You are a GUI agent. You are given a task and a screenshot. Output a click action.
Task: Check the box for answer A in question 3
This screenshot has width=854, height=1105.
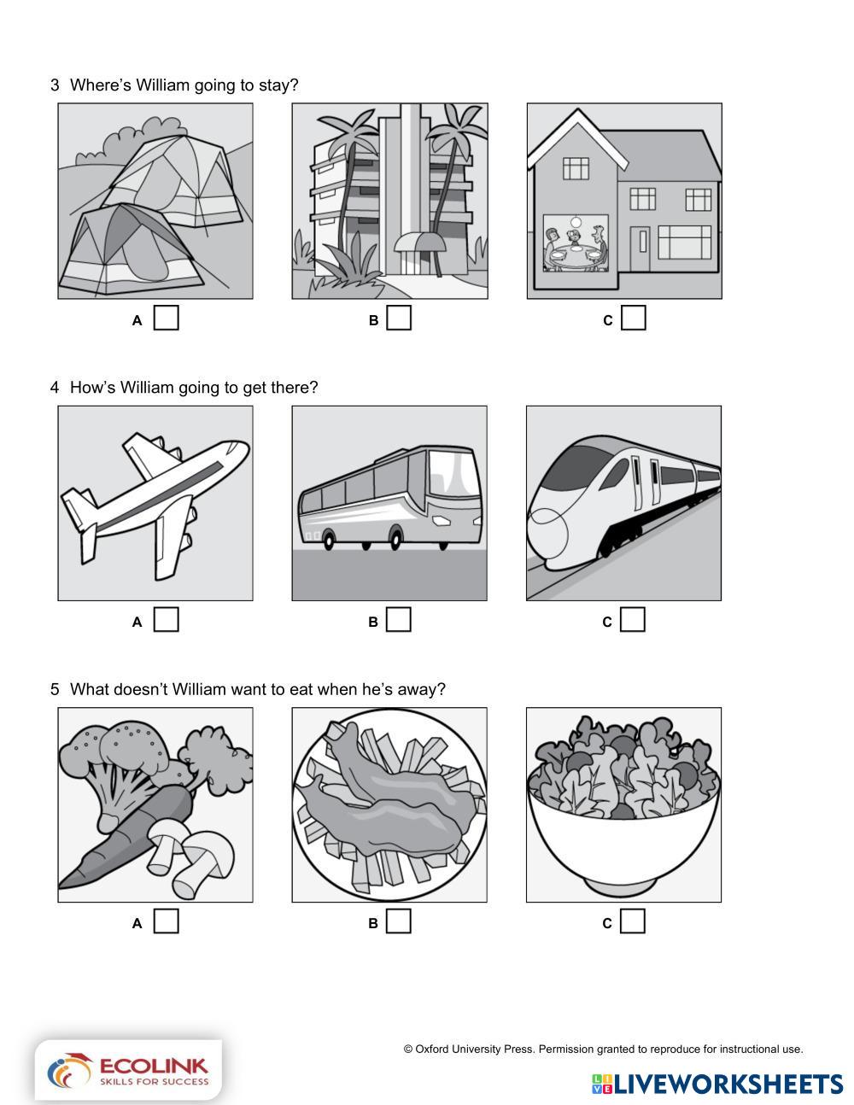167,318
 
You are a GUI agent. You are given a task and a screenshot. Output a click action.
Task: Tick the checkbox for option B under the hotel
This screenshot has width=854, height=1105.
399,318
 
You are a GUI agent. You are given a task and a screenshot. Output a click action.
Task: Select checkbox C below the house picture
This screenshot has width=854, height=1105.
634,318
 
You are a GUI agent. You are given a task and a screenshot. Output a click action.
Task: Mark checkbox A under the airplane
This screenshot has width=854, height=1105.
167,619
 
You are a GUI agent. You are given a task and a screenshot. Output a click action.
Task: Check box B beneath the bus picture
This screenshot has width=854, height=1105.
399,619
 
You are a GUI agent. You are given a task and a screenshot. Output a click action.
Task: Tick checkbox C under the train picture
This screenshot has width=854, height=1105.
633,619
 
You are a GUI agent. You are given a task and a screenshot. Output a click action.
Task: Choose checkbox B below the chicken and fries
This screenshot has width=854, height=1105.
399,921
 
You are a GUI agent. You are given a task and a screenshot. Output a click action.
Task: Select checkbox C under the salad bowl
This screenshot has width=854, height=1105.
633,921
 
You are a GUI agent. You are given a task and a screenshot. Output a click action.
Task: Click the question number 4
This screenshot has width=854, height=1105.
55,388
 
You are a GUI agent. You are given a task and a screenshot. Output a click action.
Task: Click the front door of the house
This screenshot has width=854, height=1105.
640,249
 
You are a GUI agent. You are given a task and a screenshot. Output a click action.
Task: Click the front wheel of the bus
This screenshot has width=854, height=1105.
396,537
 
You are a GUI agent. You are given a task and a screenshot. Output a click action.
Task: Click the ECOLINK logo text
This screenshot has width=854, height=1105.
154,1067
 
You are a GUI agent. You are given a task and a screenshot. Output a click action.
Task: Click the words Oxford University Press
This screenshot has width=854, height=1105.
474,1049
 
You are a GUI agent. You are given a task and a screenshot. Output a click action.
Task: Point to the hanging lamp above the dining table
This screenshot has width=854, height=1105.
576,222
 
